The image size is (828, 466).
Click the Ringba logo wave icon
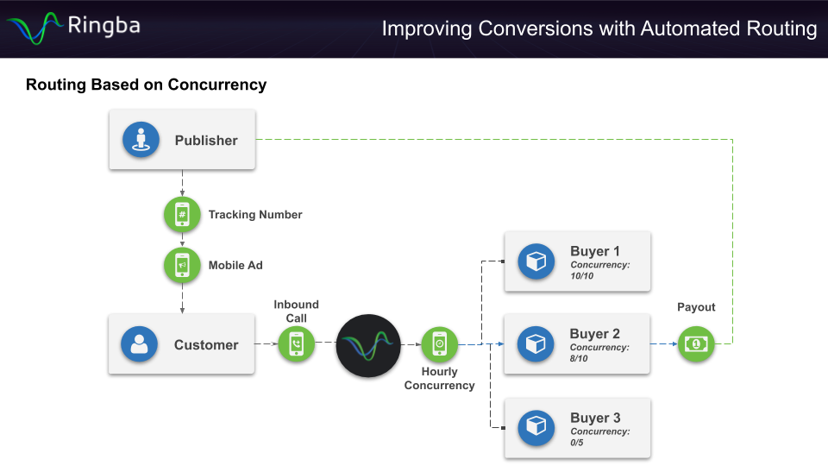34,28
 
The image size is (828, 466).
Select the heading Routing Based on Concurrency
146,85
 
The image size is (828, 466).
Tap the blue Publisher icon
141,140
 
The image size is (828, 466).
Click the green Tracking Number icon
182,214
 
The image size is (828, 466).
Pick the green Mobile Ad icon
182,265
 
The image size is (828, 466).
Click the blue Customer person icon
140,344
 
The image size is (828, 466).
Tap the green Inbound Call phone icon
297,344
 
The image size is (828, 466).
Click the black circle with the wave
368,346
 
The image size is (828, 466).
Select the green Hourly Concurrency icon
439,344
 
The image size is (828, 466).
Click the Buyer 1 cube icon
536,261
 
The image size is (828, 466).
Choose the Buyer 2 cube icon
536,343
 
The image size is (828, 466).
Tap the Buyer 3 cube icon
536,427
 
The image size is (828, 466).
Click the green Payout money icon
695,343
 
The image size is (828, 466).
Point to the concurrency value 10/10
582,276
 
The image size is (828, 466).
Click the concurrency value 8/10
580,358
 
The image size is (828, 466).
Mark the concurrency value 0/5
577,442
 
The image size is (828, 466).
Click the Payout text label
696,307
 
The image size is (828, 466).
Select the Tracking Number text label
255,215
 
